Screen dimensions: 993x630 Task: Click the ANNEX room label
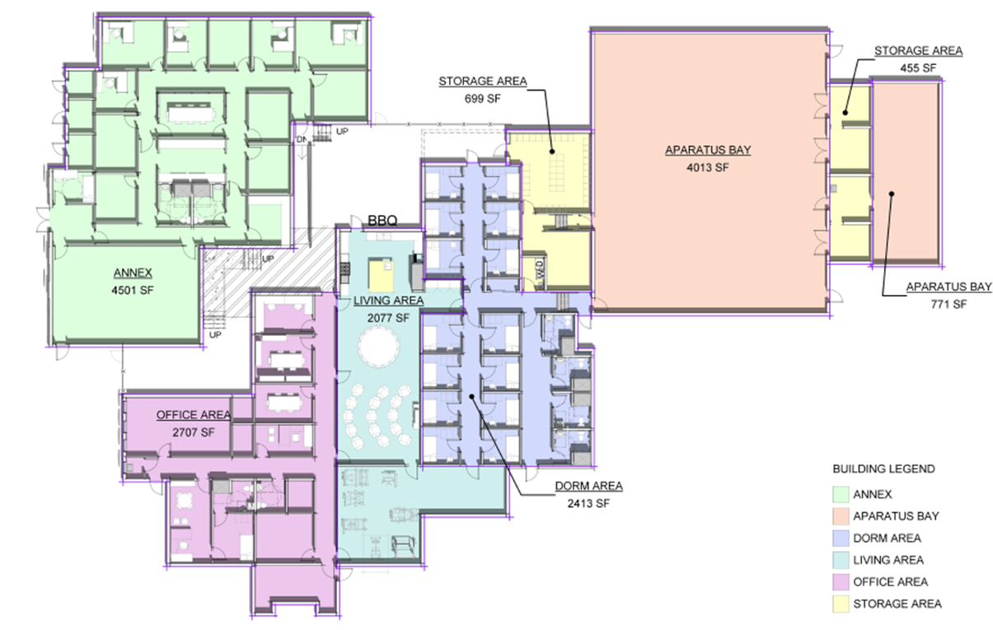(133, 273)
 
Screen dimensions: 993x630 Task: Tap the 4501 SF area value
(133, 290)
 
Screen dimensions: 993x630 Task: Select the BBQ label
(382, 221)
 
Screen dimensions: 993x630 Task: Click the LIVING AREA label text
(388, 301)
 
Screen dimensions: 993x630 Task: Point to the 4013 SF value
(708, 167)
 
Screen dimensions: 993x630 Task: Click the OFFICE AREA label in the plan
(194, 415)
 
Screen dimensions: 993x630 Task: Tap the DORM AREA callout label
(588, 486)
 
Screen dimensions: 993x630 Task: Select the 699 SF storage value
(482, 98)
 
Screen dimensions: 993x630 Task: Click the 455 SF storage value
(918, 68)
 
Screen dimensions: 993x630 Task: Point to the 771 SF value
(949, 304)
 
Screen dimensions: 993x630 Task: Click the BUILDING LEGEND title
(883, 469)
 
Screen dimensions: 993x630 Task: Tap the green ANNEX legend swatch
(841, 494)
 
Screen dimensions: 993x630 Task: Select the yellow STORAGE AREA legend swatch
(841, 604)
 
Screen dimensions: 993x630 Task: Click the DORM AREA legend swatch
(841, 539)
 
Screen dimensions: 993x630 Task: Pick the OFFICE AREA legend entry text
(890, 581)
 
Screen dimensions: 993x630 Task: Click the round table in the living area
(378, 347)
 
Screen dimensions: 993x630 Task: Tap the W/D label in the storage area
(540, 269)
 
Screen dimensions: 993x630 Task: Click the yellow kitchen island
(381, 275)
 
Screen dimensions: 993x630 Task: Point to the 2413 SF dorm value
(588, 503)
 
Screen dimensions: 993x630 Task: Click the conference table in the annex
(190, 113)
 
